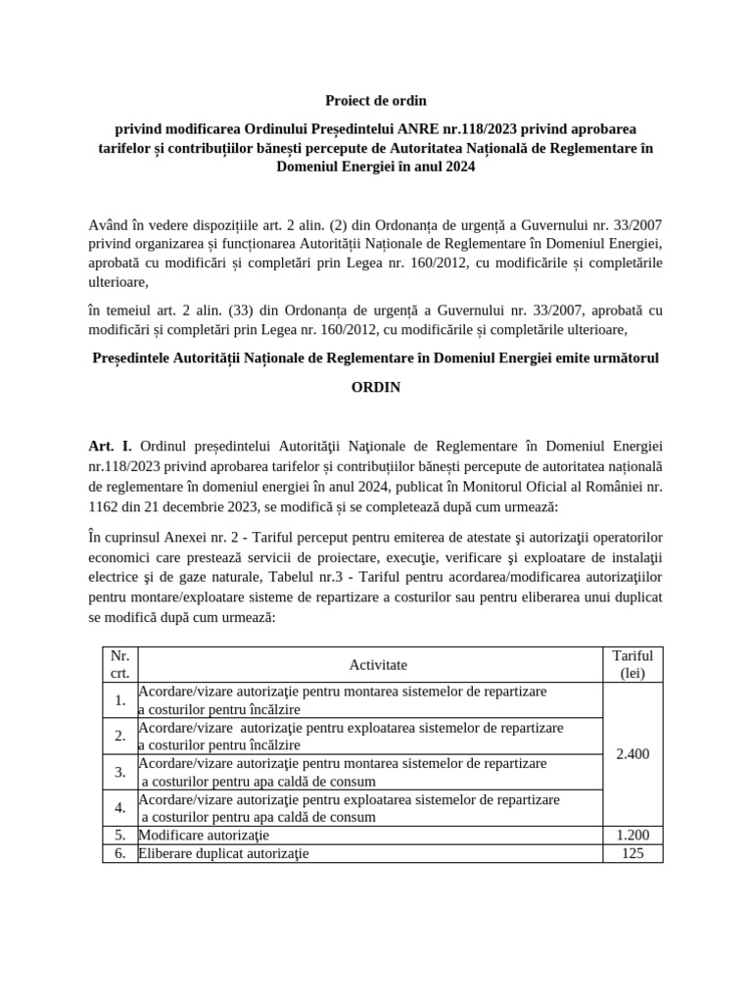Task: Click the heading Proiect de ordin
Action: pos(376,101)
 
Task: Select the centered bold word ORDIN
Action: pos(376,387)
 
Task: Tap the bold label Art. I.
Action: pos(110,447)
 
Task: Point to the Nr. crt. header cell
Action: pos(119,665)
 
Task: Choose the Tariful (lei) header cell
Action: pos(632,665)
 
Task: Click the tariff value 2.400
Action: pos(632,754)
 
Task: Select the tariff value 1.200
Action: pos(632,836)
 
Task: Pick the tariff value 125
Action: pos(632,853)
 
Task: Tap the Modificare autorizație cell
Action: pos(204,836)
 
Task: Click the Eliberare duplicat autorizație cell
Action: pos(223,853)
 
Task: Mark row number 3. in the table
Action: pos(119,772)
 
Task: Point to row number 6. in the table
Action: pos(119,853)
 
